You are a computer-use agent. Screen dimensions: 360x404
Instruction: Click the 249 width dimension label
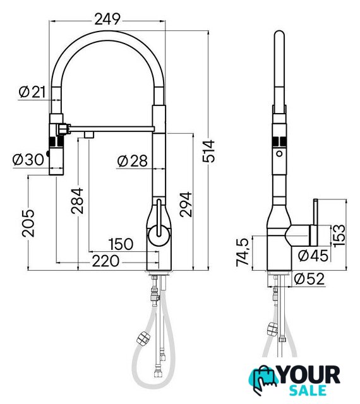(x=107, y=19)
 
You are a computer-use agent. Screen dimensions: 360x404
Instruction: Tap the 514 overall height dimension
(x=208, y=151)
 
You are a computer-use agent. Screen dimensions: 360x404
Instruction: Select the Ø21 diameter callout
(x=32, y=92)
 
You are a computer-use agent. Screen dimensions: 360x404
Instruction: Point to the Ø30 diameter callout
(x=28, y=160)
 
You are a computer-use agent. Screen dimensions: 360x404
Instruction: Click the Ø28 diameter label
(x=132, y=161)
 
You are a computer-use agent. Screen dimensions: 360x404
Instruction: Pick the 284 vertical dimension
(x=77, y=201)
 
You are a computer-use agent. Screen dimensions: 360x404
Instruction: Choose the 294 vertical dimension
(x=186, y=205)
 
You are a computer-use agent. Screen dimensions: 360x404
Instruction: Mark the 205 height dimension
(x=28, y=223)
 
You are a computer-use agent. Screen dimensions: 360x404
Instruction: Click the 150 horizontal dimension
(x=121, y=244)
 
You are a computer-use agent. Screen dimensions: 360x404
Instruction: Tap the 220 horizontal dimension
(x=105, y=261)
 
